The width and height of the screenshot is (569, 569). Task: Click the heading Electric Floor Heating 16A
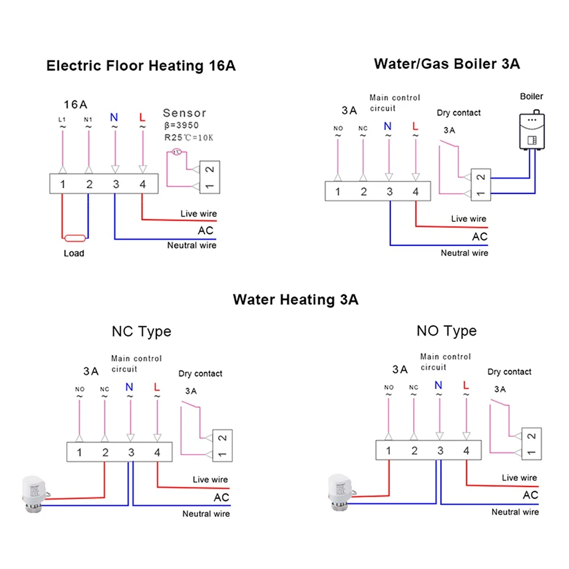pyautogui.click(x=141, y=65)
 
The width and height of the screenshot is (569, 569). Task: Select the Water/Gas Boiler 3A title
pyautogui.click(x=447, y=63)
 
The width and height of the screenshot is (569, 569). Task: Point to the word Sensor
pyautogui.click(x=184, y=113)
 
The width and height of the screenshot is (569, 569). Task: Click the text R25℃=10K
pyautogui.click(x=187, y=137)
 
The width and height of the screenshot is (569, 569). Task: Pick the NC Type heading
pyautogui.click(x=141, y=331)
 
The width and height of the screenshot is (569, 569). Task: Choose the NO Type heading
pyautogui.click(x=447, y=331)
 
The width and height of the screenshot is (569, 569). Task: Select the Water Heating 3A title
pyautogui.click(x=295, y=299)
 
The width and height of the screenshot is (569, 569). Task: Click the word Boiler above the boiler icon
pyautogui.click(x=531, y=97)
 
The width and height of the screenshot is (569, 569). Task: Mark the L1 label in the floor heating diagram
pyautogui.click(x=62, y=119)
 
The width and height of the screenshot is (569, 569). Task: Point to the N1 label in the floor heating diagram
pyautogui.click(x=88, y=119)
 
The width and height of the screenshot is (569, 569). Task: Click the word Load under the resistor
pyautogui.click(x=74, y=253)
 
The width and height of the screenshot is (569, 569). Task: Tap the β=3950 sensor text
pyautogui.click(x=181, y=125)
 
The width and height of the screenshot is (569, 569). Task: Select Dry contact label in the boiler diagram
pyautogui.click(x=459, y=113)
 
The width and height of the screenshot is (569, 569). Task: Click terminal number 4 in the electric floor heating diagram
pyautogui.click(x=142, y=184)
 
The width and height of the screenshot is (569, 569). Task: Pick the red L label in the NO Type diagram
pyautogui.click(x=466, y=385)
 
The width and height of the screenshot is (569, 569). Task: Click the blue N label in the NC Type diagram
pyautogui.click(x=129, y=387)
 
